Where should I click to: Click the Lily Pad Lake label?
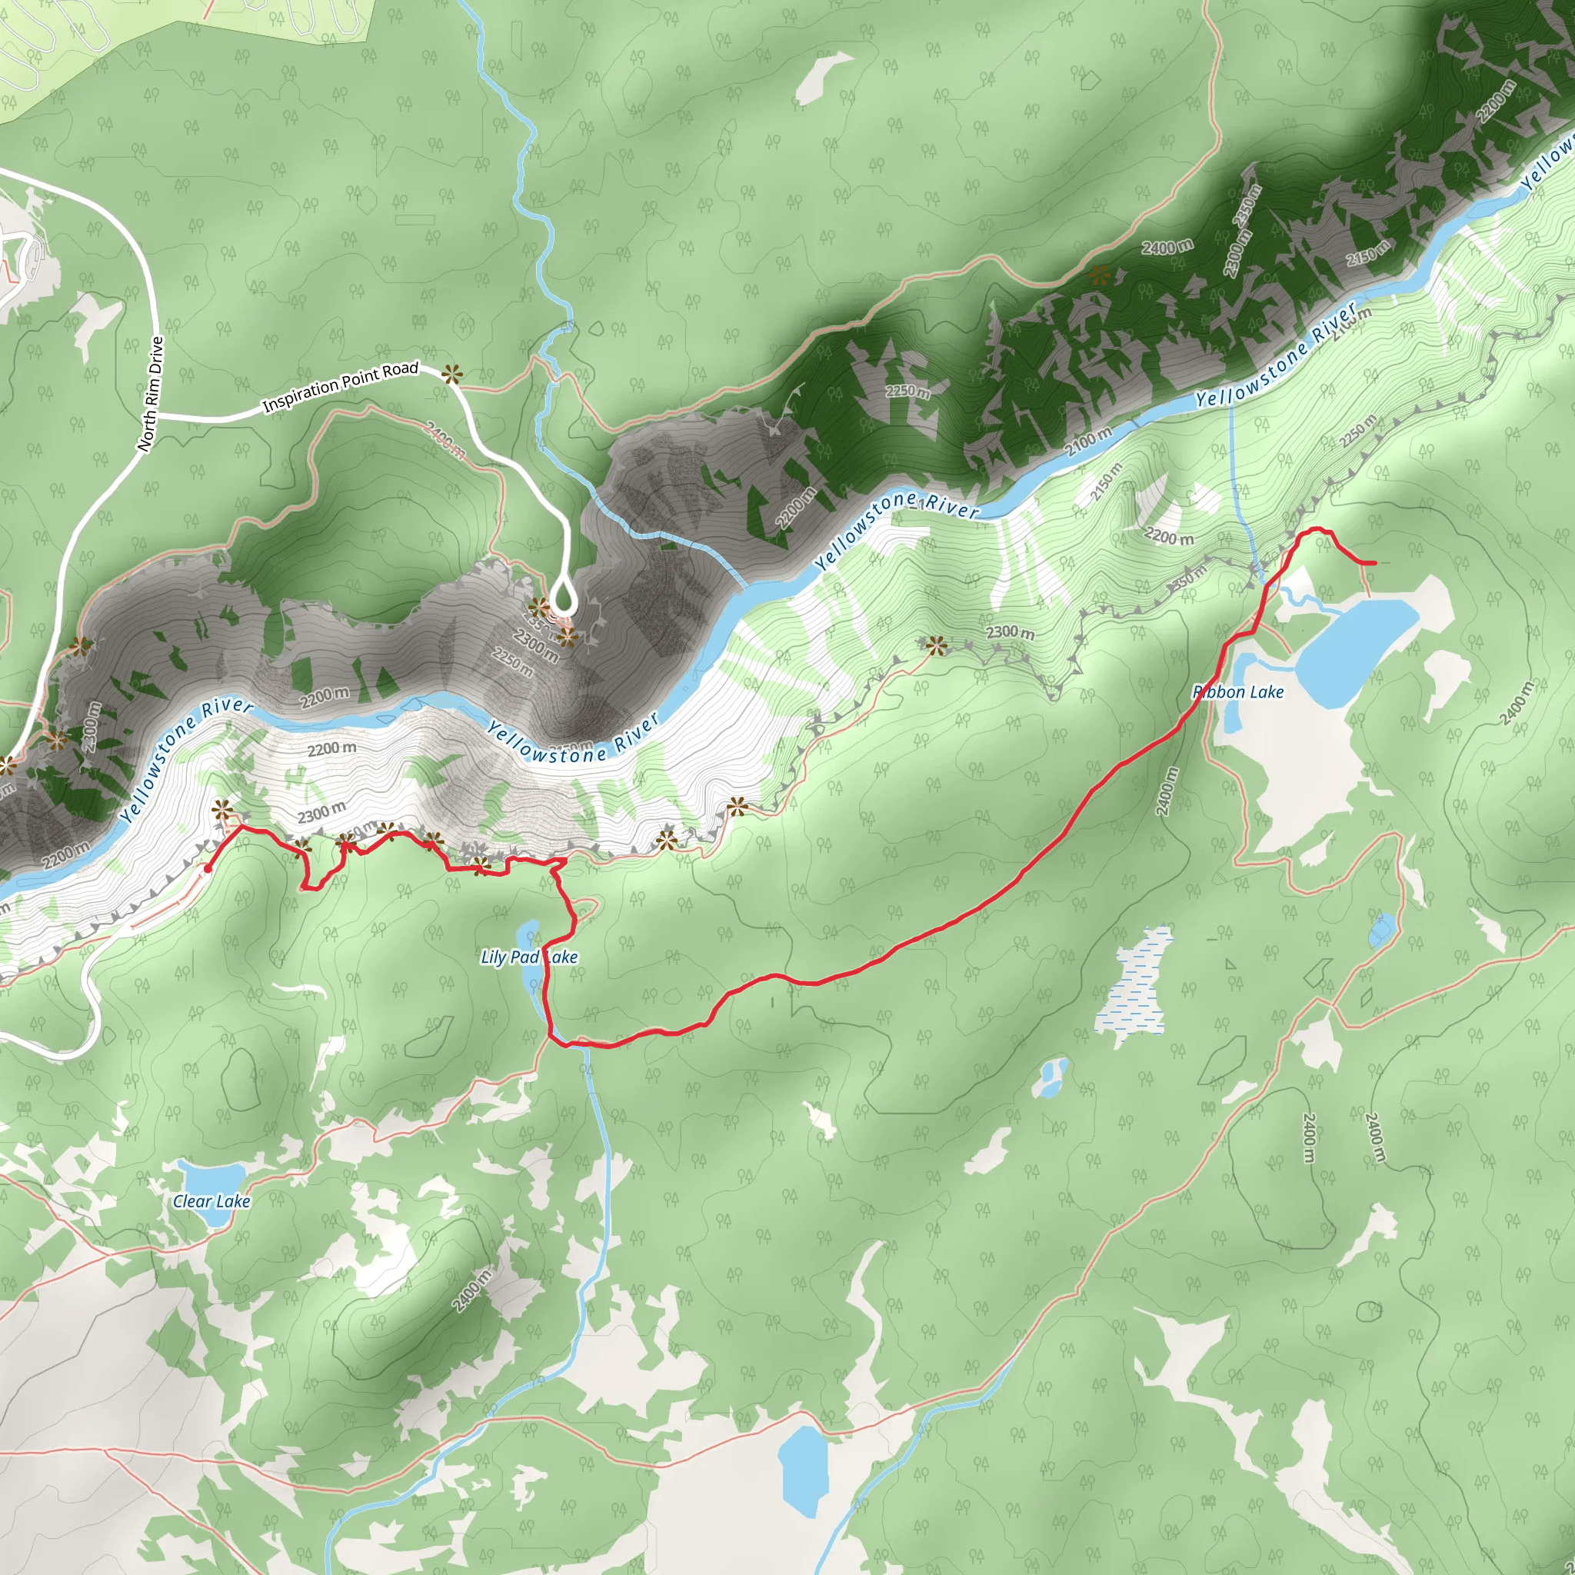tap(529, 957)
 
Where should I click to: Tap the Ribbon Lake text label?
tap(1238, 692)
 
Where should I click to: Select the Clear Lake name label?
tap(211, 1200)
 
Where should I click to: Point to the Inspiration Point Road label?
tap(340, 386)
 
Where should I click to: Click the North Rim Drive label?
tap(151, 394)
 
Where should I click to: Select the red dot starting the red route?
tap(208, 869)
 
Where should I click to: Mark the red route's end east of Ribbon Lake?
tap(1374, 563)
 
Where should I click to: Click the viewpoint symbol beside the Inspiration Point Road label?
tap(451, 375)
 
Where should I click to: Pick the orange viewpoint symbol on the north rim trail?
tap(1100, 275)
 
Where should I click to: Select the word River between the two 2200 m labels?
tap(227, 707)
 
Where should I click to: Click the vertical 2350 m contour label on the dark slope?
tap(1247, 205)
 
